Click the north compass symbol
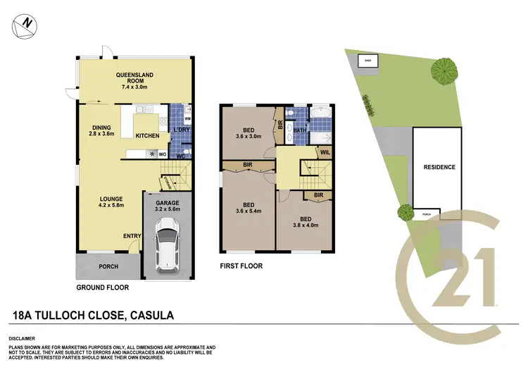24,24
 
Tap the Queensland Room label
134,80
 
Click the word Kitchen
147,135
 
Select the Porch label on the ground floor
108,266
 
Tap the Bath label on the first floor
299,130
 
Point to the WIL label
325,152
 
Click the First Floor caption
241,266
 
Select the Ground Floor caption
102,288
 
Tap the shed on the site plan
367,61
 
